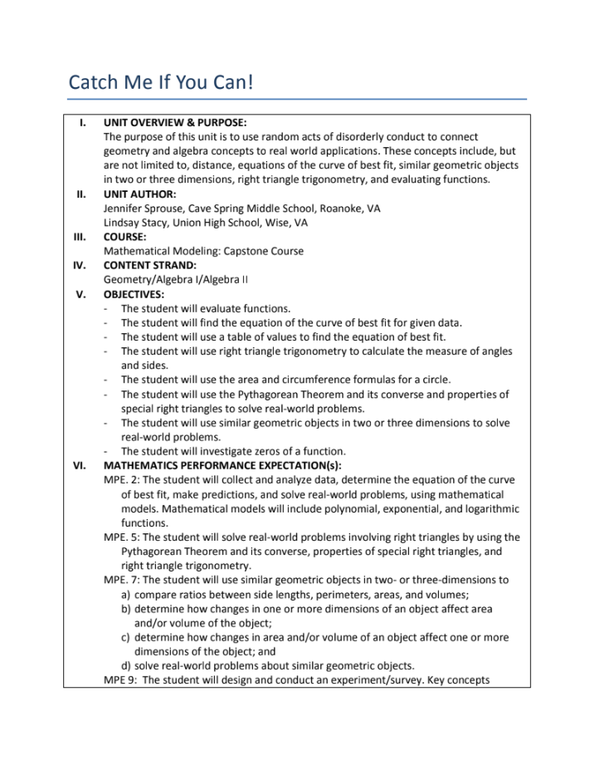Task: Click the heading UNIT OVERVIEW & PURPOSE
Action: point(174,122)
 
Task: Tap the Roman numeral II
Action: point(81,194)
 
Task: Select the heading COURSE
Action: point(125,237)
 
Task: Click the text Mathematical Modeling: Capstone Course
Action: point(203,251)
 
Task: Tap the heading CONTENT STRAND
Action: point(149,265)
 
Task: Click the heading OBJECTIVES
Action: point(134,294)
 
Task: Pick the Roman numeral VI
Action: point(80,465)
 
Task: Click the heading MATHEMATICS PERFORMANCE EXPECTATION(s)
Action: point(222,465)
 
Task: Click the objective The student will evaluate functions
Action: point(205,308)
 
